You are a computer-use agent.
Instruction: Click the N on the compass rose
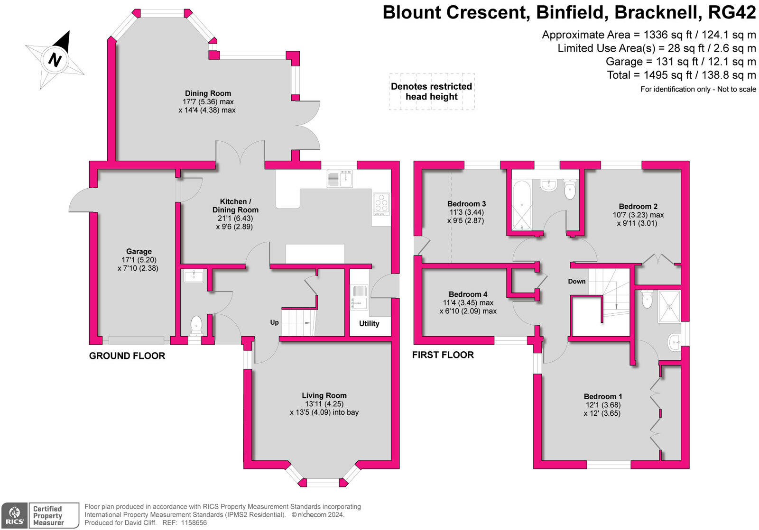(56, 60)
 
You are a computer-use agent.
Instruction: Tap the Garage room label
(139, 251)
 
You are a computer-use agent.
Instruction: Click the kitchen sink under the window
(340, 179)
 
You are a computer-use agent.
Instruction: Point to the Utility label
(369, 323)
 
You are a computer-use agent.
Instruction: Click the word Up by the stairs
(274, 322)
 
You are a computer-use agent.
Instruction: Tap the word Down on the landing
(577, 281)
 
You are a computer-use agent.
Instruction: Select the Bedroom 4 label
(468, 294)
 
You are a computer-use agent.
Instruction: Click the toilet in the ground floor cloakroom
(196, 326)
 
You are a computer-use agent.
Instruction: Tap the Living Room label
(324, 395)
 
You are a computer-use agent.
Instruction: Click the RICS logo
(14, 515)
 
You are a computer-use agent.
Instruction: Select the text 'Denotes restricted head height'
(431, 91)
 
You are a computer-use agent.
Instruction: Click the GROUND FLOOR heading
(127, 356)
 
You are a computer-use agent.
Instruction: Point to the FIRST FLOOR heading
(443, 355)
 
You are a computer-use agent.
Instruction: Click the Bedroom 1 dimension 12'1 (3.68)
(603, 405)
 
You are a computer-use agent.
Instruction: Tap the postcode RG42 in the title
(732, 12)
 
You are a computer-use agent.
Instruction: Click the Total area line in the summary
(681, 75)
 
